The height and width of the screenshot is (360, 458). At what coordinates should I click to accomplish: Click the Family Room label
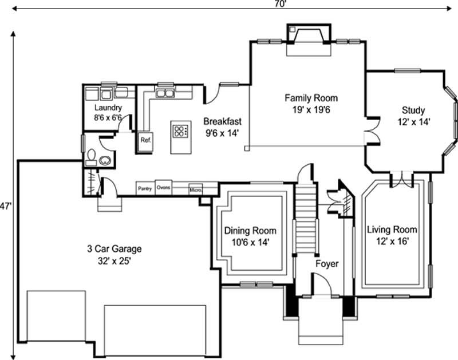[x=311, y=98]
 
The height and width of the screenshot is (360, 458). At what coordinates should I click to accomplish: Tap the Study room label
[x=413, y=110]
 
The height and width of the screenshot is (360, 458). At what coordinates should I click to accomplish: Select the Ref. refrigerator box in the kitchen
[x=145, y=140]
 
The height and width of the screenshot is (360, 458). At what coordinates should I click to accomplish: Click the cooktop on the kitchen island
[x=180, y=132]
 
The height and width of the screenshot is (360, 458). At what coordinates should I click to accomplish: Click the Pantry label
[x=145, y=188]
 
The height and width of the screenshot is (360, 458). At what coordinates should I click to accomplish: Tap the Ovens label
[x=163, y=187]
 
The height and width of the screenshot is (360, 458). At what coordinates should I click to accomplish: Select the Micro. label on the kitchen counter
[x=195, y=188]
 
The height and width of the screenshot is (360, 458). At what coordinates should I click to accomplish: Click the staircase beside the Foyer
[x=306, y=220]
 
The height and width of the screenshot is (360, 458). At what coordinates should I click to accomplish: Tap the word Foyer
[x=327, y=264]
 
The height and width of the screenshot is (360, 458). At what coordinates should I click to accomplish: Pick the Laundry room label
[x=108, y=107]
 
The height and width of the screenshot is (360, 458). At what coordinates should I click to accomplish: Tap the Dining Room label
[x=250, y=231]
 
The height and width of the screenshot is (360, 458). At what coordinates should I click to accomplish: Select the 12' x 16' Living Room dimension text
[x=392, y=241]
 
